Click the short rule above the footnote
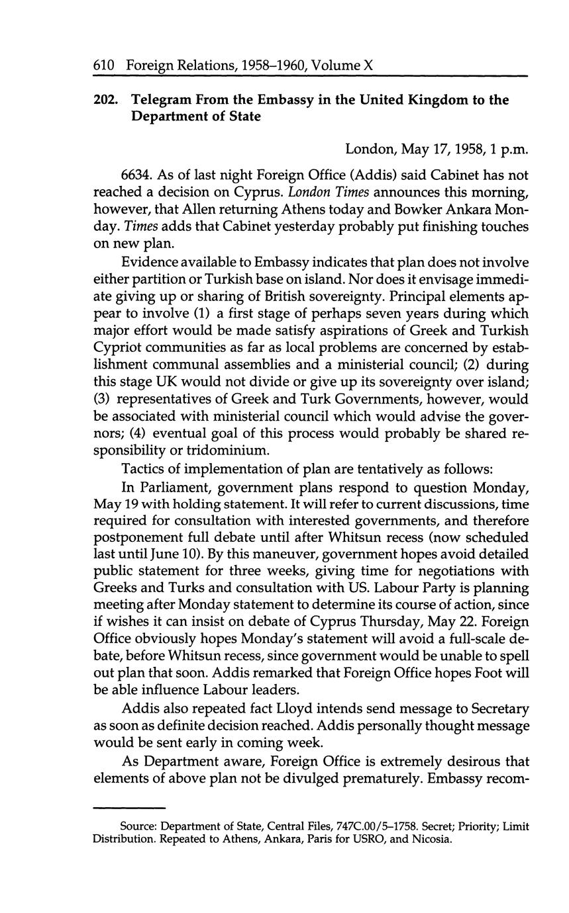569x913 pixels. pyautogui.click(x=129, y=807)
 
